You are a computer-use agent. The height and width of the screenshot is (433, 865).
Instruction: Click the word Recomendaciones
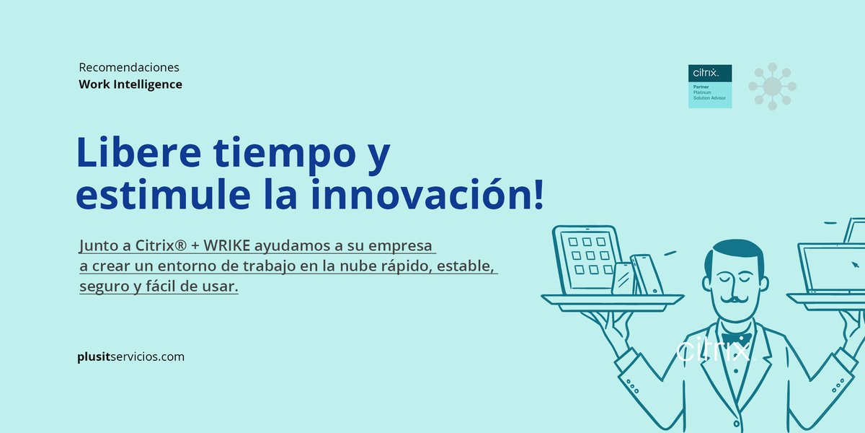[129, 67]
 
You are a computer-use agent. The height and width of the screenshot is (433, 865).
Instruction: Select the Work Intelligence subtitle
[130, 84]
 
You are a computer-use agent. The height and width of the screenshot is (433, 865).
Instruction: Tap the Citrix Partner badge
[710, 86]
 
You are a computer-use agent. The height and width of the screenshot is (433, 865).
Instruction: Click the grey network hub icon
[772, 86]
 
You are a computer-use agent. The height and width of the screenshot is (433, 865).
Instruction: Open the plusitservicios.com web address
[130, 357]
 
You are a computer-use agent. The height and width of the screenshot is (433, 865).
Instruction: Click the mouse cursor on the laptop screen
[855, 264]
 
